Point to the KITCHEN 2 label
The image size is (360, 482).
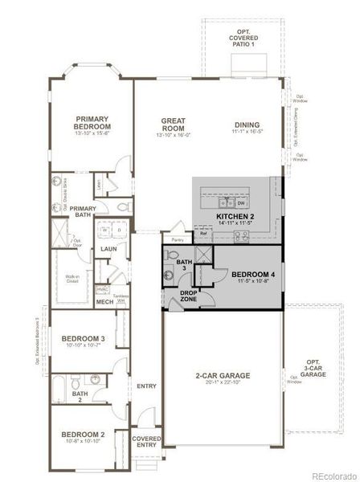click(235, 217)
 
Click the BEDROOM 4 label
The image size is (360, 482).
click(253, 276)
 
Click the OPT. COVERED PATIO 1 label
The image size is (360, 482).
click(242, 38)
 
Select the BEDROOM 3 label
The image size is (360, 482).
click(83, 339)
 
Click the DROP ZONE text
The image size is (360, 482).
click(189, 296)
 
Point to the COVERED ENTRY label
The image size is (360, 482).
click(146, 443)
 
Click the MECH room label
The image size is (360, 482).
click(104, 302)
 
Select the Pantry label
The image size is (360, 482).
click(177, 239)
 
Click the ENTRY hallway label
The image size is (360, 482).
click(146, 386)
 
